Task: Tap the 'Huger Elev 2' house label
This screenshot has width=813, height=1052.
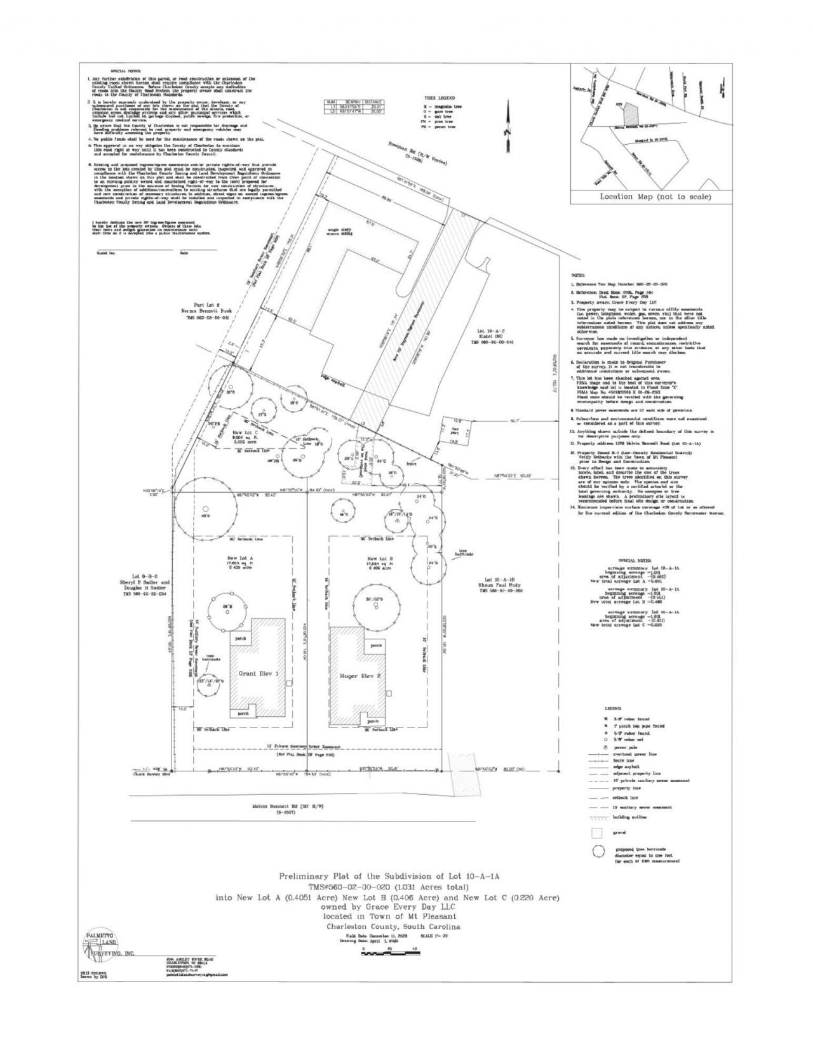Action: click(x=360, y=676)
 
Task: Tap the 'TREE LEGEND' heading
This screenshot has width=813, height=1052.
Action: click(x=440, y=98)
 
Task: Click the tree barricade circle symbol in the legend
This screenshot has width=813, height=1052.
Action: click(x=597, y=852)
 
